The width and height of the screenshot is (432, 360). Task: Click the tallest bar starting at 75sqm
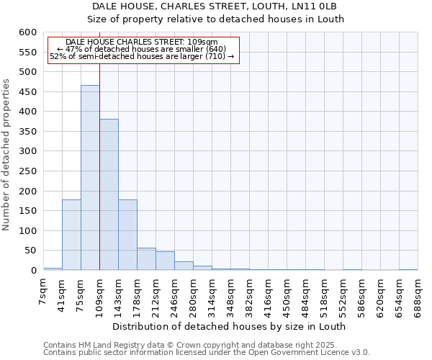pyautogui.click(x=90, y=178)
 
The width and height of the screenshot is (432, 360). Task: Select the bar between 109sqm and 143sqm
pyautogui.click(x=109, y=194)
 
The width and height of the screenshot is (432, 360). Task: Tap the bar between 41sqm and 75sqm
pyautogui.click(x=71, y=235)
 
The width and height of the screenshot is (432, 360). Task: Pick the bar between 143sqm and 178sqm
pyautogui.click(x=127, y=235)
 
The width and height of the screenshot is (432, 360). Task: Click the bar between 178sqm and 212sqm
pyautogui.click(x=146, y=259)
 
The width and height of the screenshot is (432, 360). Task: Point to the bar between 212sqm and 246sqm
pyautogui.click(x=165, y=261)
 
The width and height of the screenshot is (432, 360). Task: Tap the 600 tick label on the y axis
pyautogui.click(x=27, y=32)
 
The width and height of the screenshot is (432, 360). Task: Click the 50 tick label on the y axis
pyautogui.click(x=29, y=251)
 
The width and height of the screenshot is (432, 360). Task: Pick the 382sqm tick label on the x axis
pyautogui.click(x=249, y=296)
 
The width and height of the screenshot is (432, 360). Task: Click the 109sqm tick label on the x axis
pyautogui.click(x=99, y=296)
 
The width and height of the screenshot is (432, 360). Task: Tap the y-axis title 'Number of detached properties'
pyautogui.click(x=6, y=155)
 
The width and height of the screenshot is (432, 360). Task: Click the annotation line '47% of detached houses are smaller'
pyautogui.click(x=141, y=49)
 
